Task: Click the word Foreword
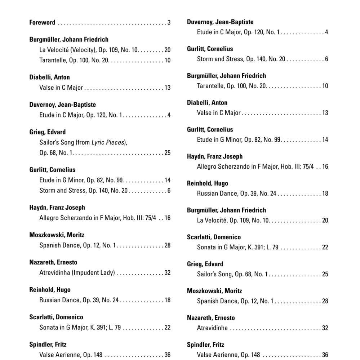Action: [x=42, y=23]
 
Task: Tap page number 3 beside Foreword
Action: [x=169, y=23]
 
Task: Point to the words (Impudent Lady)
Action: [x=93, y=273]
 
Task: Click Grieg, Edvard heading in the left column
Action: [x=48, y=132]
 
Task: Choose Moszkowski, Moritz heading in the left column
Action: [x=57, y=235]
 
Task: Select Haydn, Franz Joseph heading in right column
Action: [x=215, y=156]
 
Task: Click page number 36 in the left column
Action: [x=167, y=355]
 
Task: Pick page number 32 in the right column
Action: [x=325, y=328]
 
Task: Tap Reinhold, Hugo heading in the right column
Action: [x=208, y=183]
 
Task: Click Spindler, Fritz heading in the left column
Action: [x=48, y=345]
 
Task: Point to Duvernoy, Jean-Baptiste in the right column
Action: [x=220, y=22]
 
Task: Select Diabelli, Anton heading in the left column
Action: [x=50, y=77]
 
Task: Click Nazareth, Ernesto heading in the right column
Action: [x=211, y=318]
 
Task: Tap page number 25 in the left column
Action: [x=167, y=153]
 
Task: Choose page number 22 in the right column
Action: [x=325, y=247]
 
